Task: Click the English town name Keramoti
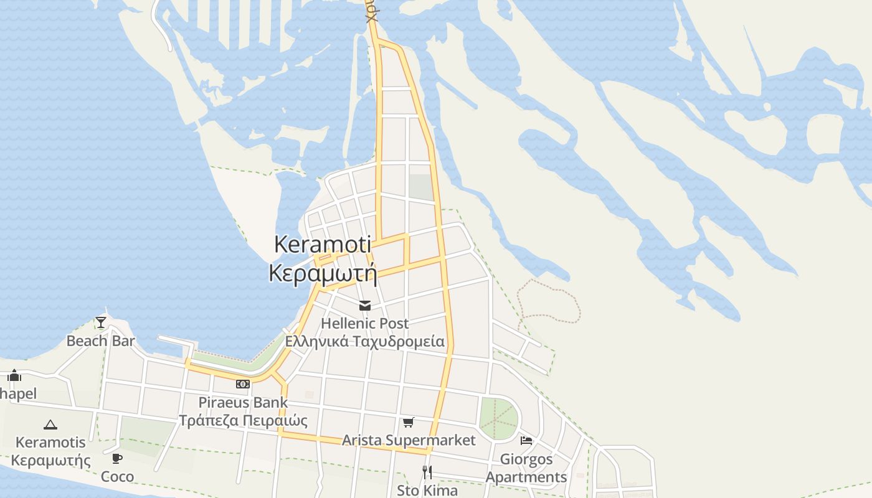[x=323, y=245]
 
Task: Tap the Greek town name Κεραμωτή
[x=323, y=273]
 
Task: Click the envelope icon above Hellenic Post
[x=365, y=306]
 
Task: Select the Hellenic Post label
[x=365, y=323]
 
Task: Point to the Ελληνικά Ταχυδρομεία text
[x=365, y=341]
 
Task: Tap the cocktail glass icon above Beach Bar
[x=101, y=322]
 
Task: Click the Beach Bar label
[x=101, y=341]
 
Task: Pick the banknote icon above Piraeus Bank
[x=243, y=384]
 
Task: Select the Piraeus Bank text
[x=243, y=402]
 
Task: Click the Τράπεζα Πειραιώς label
[x=243, y=421]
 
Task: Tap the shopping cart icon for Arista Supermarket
[x=409, y=423]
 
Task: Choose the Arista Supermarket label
[x=409, y=440]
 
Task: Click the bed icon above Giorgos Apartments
[x=526, y=441]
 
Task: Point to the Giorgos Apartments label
[x=526, y=468]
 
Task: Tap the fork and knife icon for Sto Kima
[x=427, y=472]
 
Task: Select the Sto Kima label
[x=427, y=491]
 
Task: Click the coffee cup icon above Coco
[x=116, y=459]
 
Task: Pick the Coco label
[x=117, y=476]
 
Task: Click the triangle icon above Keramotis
[x=50, y=425]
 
